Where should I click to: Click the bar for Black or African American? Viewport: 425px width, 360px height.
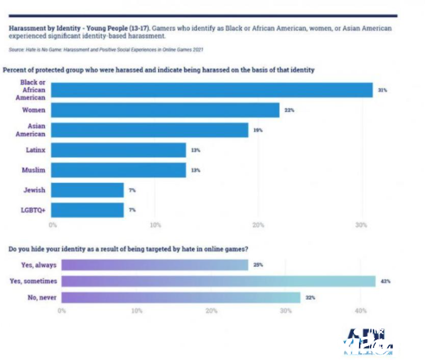pos(212,90)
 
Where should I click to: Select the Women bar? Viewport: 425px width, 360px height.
pos(165,111)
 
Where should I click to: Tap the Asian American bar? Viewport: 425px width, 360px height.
pos(149,130)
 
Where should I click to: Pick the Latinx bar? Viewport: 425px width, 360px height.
pos(119,150)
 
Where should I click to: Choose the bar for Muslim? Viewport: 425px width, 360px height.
pos(119,170)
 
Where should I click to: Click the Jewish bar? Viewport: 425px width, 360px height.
pos(87,190)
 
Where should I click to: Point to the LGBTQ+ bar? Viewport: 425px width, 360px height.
pos(87,210)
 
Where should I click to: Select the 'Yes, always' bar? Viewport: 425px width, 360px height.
pos(154,265)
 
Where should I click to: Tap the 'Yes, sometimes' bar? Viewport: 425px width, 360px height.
pos(218,281)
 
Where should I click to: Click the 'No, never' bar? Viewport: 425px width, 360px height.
pos(181,297)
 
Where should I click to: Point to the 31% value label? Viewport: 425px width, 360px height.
pos(382,90)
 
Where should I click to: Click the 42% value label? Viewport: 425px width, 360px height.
pos(385,281)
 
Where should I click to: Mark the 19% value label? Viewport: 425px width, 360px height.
pos(257,130)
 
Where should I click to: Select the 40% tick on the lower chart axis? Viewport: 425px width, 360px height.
pos(360,310)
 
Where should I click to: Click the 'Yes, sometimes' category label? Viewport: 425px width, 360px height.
pos(33,281)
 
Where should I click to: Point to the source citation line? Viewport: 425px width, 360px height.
pos(105,49)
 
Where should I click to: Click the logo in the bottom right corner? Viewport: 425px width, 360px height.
pos(368,342)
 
